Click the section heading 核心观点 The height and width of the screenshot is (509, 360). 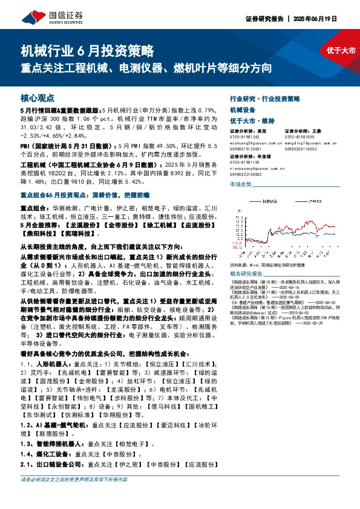(x=38, y=97)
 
